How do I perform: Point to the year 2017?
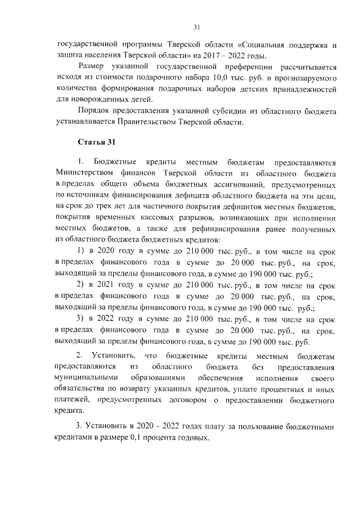pos(217,55)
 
